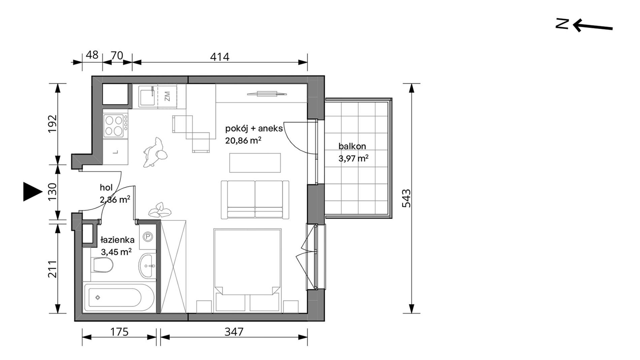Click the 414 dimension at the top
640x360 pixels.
pos(220,57)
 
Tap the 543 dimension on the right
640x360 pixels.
pos(407,198)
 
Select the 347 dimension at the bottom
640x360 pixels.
pos(234,332)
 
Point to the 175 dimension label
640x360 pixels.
pos(120,332)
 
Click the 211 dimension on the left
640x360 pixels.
pos(53,269)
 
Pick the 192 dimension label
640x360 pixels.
pos(53,124)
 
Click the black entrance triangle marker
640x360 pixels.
pos(33,192)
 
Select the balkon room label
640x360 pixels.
pos(352,146)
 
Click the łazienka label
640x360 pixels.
pos(118,240)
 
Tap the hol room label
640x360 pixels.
pos(106,188)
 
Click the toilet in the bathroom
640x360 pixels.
pos(102,265)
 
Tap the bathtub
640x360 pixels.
pos(120,298)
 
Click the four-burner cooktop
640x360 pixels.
pos(115,126)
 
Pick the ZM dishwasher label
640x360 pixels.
pos(167,96)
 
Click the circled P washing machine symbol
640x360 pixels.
pos(148,237)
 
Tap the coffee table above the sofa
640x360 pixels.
pos(255,163)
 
